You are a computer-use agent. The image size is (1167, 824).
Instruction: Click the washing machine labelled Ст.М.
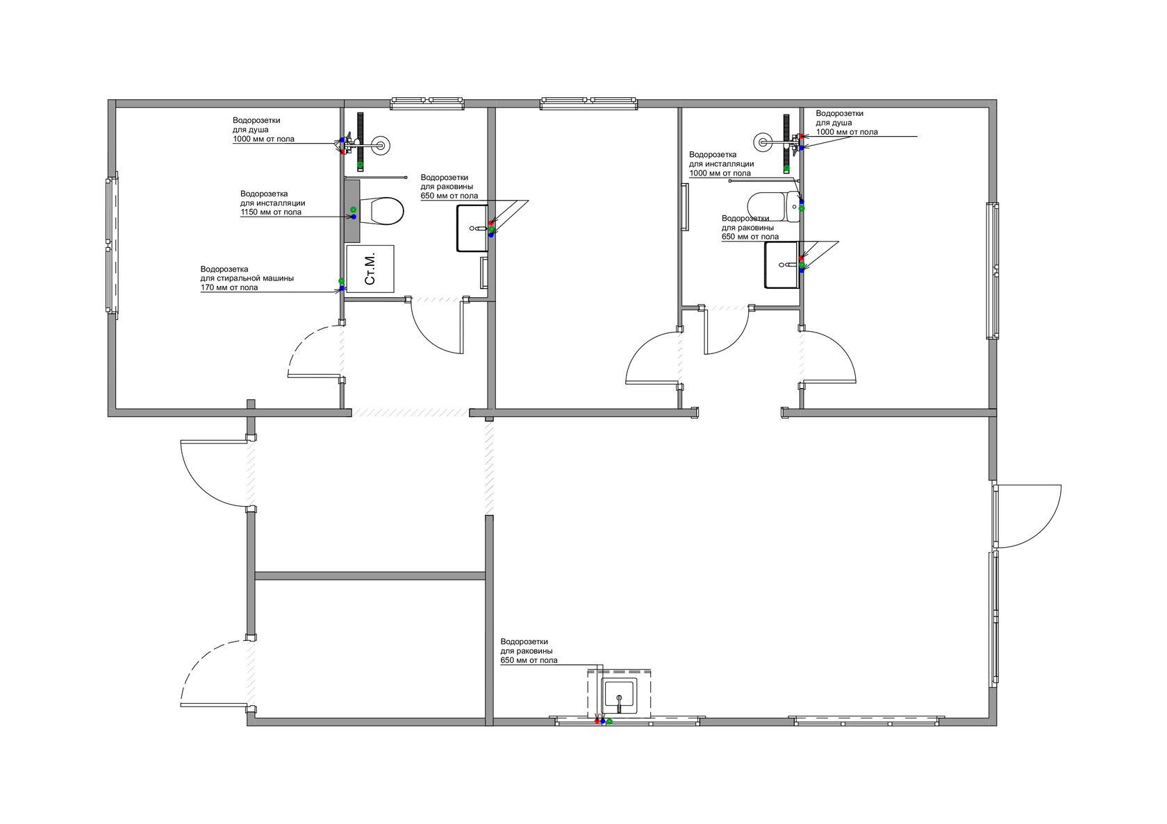[x=370, y=269]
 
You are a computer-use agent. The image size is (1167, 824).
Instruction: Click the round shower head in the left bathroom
[x=381, y=144]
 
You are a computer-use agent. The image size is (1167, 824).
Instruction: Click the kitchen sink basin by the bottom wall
[x=620, y=696]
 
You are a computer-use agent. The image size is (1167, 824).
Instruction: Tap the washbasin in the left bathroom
[x=472, y=228]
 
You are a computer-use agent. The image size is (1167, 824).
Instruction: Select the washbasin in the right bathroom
[x=781, y=265]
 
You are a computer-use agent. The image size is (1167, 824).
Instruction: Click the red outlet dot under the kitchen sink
[x=597, y=721]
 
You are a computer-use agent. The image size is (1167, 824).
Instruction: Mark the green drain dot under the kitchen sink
[x=609, y=721]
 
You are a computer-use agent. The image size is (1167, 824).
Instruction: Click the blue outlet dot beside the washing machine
[x=342, y=288]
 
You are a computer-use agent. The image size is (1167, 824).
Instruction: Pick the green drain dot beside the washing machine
[x=341, y=281]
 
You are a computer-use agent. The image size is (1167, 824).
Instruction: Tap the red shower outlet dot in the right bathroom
[x=801, y=136]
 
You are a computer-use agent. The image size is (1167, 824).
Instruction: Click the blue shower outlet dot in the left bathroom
[x=342, y=140]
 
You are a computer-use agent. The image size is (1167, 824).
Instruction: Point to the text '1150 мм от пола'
[x=271, y=212]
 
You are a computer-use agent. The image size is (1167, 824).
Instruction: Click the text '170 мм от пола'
[x=229, y=287]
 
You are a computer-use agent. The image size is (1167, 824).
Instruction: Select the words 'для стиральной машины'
[x=247, y=278]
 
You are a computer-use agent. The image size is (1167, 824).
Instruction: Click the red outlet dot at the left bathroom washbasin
[x=490, y=223]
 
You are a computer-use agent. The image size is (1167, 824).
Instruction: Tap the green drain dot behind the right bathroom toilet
[x=802, y=208]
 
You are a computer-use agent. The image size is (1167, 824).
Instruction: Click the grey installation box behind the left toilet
[x=352, y=211]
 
